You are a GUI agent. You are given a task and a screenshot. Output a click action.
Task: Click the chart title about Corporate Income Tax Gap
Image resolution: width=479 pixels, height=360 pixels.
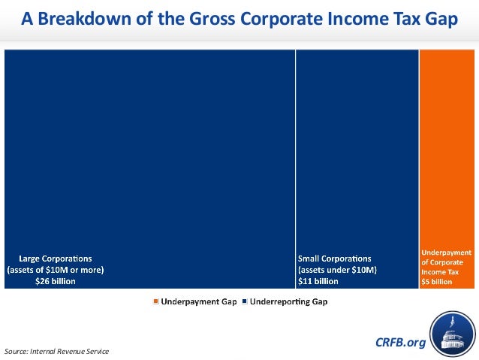[x=239, y=18]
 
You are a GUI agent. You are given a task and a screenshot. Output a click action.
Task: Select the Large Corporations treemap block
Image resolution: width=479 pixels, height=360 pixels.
[x=149, y=150]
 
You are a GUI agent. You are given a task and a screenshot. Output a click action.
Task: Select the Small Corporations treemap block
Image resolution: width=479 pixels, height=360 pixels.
[x=357, y=150]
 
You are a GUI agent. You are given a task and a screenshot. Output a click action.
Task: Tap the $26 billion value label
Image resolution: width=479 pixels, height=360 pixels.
[x=56, y=281]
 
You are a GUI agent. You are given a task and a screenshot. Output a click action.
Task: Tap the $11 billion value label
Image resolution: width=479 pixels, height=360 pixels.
[x=318, y=281]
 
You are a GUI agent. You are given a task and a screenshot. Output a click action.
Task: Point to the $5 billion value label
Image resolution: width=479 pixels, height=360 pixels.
[x=436, y=282]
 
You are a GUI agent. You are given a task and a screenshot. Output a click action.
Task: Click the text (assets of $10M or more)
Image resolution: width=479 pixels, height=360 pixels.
[x=56, y=270]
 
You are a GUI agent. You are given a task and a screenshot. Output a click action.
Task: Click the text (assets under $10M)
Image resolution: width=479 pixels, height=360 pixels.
[x=336, y=270]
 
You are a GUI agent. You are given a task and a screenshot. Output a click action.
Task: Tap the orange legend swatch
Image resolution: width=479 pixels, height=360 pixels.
[x=156, y=301]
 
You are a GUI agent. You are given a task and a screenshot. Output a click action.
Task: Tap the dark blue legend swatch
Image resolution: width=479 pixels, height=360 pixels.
[x=244, y=301]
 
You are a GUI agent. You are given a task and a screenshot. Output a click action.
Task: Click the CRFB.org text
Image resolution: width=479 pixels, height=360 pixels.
[x=399, y=343]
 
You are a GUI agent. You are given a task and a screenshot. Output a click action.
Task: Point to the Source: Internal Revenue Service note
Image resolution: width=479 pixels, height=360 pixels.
[x=56, y=351]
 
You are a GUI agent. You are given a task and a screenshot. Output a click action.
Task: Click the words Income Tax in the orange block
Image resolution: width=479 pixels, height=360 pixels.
[x=437, y=272]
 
